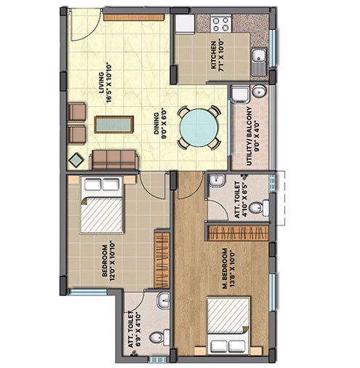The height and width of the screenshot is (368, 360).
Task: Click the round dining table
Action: [x=199, y=127]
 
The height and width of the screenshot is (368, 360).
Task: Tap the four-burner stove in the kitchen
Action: [x=221, y=23]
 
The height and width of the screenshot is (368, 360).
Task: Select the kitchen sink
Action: [x=259, y=62]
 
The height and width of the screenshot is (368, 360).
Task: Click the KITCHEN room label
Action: [x=214, y=55]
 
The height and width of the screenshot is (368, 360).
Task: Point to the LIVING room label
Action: [x=101, y=82]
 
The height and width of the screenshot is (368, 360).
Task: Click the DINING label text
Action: [x=156, y=124]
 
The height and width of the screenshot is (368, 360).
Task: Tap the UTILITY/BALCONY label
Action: [x=249, y=136]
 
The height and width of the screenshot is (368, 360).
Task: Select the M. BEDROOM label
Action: [x=225, y=268]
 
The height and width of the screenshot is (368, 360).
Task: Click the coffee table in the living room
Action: [x=113, y=124]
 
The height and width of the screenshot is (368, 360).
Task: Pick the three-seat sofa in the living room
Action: [x=114, y=159]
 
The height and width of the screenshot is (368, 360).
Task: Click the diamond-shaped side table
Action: [x=76, y=160]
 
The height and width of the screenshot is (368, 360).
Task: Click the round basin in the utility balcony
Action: [x=259, y=92]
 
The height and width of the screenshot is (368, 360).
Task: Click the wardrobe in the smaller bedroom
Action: [x=162, y=260]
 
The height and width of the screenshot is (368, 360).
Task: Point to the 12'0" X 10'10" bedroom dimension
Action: [x=111, y=260]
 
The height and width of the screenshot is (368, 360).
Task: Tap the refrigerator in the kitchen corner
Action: [x=185, y=23]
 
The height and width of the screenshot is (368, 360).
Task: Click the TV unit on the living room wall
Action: [x=134, y=17]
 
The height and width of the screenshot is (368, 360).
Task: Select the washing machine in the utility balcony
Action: [x=239, y=93]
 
